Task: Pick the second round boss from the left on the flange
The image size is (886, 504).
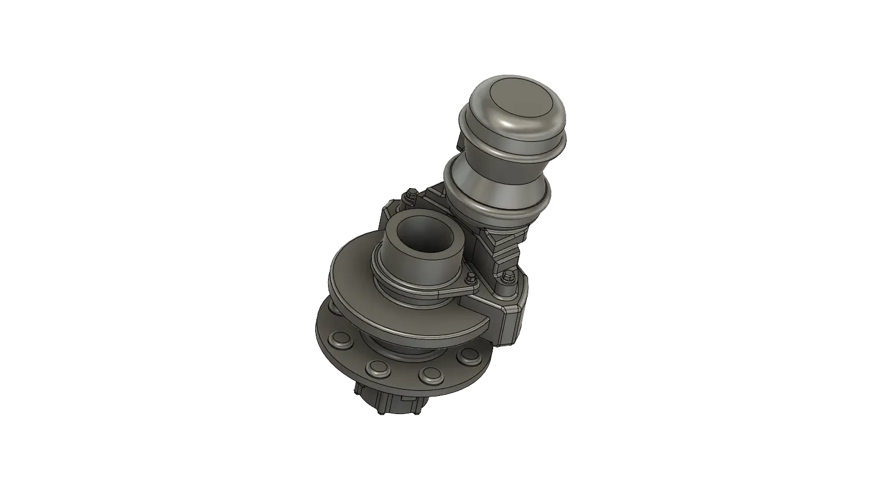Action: coord(378,368)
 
